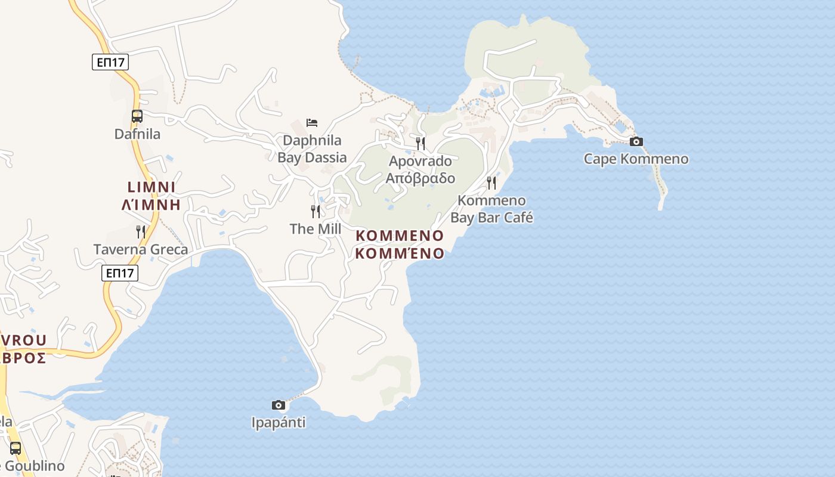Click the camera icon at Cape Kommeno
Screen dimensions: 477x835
(636, 141)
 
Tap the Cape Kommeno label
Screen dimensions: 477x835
(636, 159)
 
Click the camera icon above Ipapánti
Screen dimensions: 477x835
(278, 405)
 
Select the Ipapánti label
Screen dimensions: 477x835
(279, 423)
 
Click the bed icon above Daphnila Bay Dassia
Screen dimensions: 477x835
(312, 123)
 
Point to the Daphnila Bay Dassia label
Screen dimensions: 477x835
(312, 149)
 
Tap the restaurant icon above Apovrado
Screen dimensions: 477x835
(420, 143)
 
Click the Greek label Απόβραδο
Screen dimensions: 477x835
(420, 178)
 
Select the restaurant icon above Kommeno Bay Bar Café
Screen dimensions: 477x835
(491, 182)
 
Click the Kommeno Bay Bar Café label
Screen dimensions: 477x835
(491, 209)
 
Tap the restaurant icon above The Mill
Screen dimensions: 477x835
(316, 211)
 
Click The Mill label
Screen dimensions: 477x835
(316, 229)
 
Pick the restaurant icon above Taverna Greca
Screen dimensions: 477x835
(141, 231)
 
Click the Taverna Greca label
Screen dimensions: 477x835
(141, 249)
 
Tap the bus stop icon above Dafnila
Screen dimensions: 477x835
(137, 116)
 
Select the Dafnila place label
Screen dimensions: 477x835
(137, 134)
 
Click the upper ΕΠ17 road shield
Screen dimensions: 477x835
(110, 62)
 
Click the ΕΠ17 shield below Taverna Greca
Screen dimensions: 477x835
(120, 273)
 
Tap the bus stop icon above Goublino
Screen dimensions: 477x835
(16, 448)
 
